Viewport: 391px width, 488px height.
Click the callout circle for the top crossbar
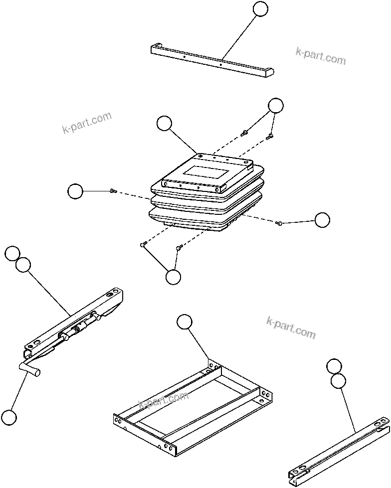[260, 8]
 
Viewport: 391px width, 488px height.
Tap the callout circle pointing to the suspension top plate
[164, 123]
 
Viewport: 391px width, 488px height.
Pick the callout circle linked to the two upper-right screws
[275, 105]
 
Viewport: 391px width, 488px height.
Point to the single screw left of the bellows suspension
[113, 191]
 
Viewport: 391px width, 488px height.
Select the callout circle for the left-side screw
[75, 191]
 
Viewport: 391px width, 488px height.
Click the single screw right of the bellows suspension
[280, 223]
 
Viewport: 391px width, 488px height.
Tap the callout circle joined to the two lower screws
[173, 277]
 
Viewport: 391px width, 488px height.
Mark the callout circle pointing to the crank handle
[8, 417]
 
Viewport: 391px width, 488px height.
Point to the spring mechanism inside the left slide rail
[77, 329]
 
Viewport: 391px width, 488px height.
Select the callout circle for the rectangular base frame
[184, 323]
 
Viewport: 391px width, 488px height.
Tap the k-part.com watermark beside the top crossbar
[320, 56]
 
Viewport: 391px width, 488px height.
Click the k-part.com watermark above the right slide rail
[291, 327]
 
